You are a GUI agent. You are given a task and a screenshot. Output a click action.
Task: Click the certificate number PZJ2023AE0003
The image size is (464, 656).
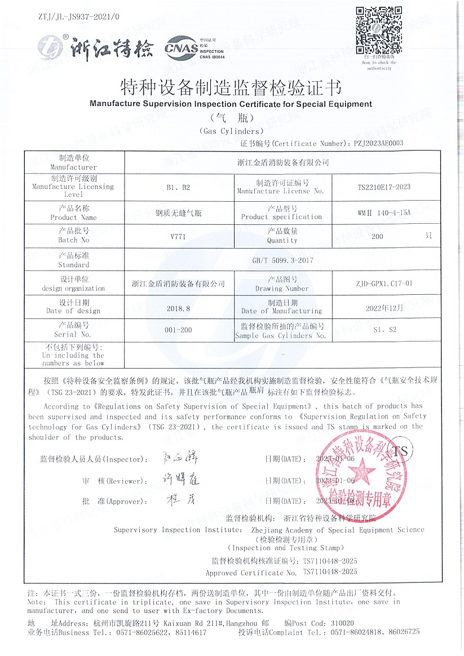pyautogui.click(x=378, y=144)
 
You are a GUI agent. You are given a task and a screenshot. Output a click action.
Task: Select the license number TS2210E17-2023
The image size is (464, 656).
pyautogui.click(x=385, y=187)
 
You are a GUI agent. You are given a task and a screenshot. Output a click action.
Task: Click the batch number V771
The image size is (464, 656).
pyautogui.click(x=178, y=236)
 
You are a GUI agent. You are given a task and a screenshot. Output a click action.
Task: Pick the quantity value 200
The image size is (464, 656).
pyautogui.click(x=377, y=236)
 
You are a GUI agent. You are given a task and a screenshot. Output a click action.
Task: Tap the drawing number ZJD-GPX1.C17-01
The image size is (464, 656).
pyautogui.click(x=385, y=283)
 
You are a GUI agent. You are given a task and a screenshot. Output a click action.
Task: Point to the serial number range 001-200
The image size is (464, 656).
pyautogui.click(x=178, y=330)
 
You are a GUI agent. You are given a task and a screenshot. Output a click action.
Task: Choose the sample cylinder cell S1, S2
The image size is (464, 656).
pyautogui.click(x=385, y=330)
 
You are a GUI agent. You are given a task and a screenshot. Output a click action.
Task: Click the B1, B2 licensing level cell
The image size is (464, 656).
pyautogui.click(x=178, y=187)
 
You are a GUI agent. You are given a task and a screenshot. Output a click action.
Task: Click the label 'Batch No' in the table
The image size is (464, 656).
pyautogui.click(x=73, y=240)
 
